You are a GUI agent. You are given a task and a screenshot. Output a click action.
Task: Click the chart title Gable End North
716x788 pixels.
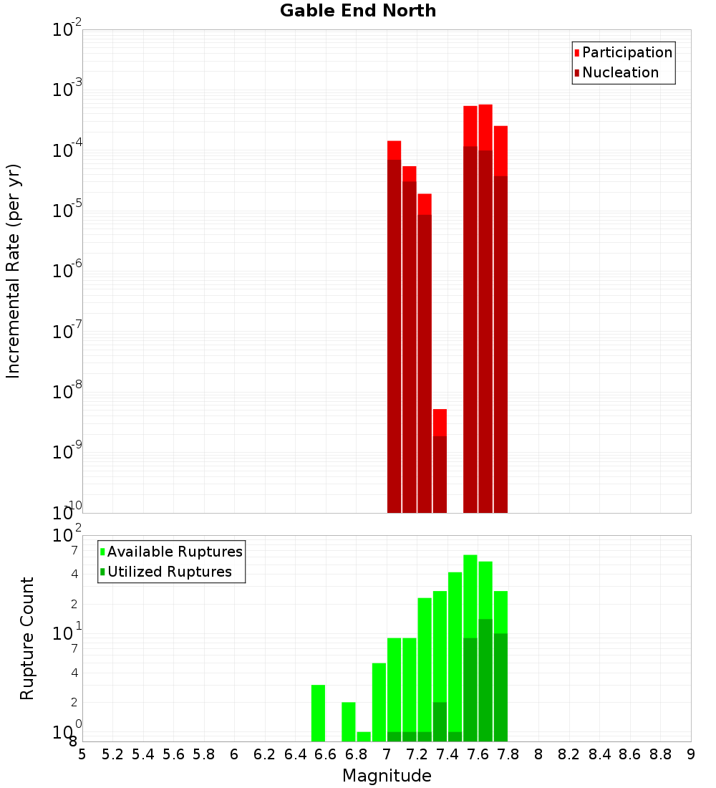coord(358,11)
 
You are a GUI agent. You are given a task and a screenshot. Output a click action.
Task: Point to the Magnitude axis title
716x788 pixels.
coord(387,776)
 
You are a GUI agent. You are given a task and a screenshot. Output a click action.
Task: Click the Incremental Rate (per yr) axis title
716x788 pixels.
coord(14,271)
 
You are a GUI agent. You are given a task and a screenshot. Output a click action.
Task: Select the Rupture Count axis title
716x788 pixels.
coord(27,638)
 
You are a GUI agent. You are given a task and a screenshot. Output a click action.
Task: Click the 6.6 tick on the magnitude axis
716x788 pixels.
coord(326,754)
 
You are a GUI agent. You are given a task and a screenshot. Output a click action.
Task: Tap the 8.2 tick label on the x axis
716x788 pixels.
coord(569,754)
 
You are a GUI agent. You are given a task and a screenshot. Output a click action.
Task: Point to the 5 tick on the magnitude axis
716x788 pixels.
coord(82,754)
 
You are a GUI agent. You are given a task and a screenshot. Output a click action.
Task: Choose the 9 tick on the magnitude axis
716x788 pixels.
coord(691,754)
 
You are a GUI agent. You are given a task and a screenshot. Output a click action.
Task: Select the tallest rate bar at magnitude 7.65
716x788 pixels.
coord(485,308)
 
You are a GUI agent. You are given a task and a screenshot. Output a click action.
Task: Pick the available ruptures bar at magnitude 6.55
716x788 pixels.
coord(318,713)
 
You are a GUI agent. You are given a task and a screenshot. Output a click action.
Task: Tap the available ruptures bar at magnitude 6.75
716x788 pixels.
coord(349,721)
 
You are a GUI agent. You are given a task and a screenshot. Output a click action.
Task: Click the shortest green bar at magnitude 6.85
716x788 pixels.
coord(364,736)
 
